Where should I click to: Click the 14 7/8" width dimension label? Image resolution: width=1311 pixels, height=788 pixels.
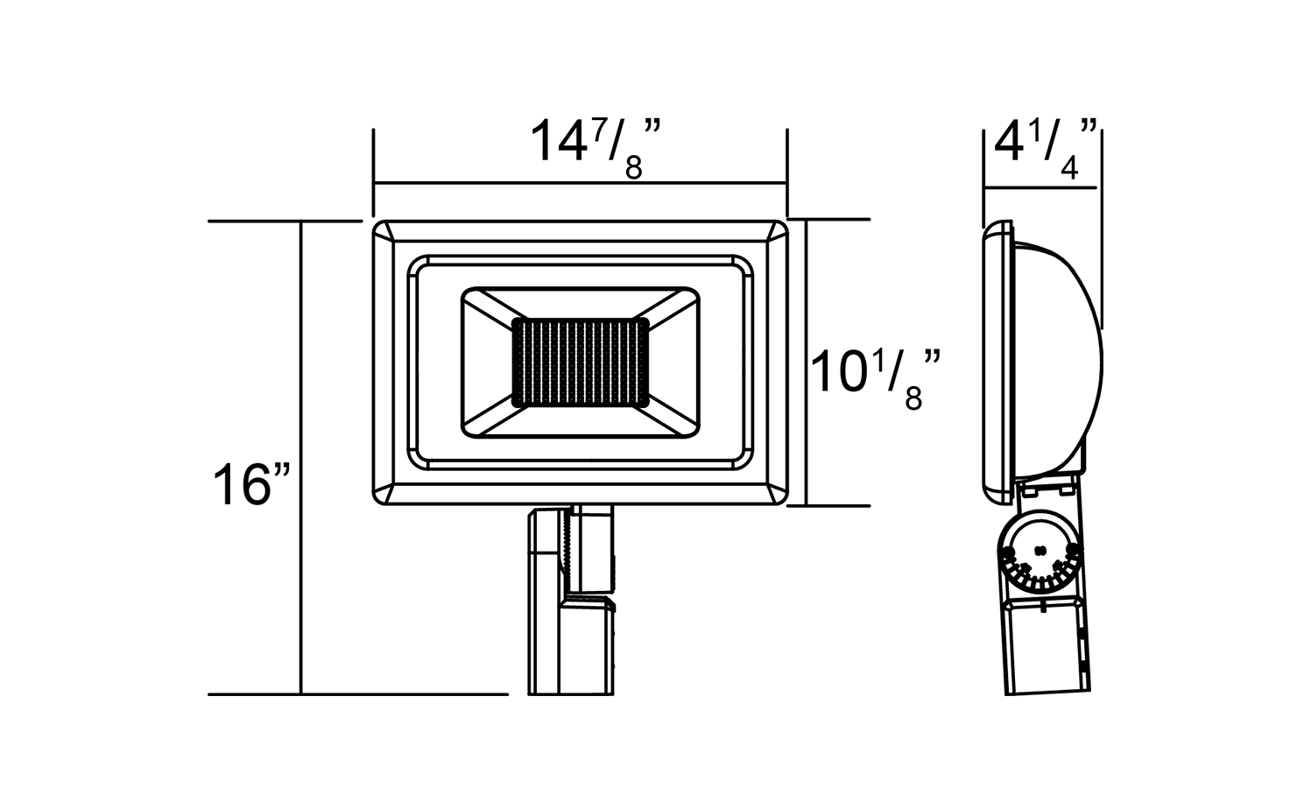596,145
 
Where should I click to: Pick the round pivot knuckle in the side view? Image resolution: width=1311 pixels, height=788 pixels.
1040,555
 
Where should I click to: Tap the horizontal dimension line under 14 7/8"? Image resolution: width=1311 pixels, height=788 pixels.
580,184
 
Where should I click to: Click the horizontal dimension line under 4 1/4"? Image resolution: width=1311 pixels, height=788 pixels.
1041,187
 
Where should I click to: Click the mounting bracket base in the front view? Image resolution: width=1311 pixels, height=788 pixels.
569,648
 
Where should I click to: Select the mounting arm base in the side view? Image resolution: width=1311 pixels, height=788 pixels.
1047,648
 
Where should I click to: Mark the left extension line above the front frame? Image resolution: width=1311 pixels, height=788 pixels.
374,172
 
